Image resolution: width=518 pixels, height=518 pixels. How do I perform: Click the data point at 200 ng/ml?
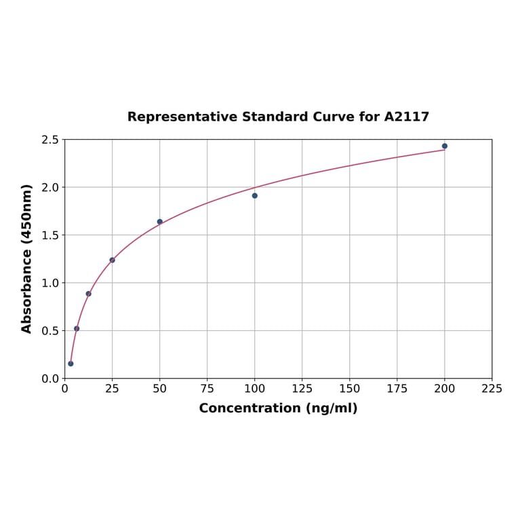[x=445, y=146]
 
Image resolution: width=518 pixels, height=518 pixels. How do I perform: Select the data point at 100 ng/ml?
[x=255, y=196]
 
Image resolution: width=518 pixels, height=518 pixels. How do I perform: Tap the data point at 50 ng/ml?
[x=160, y=222]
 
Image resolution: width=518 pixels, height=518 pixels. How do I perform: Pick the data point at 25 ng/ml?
[x=113, y=260]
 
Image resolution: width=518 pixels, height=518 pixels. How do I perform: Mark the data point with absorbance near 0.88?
[x=88, y=294]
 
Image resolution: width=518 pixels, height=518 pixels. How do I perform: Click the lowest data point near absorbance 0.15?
[x=71, y=363]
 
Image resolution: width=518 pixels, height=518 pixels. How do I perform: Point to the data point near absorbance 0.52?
[x=77, y=329]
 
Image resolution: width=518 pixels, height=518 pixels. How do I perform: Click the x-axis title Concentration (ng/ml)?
[x=278, y=408]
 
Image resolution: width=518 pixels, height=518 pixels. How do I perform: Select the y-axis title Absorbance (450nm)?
[x=27, y=258]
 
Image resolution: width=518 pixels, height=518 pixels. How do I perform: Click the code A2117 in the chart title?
[x=406, y=117]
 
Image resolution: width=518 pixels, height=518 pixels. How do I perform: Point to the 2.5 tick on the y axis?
[x=50, y=140]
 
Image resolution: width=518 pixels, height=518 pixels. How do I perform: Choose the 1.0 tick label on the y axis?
[x=50, y=283]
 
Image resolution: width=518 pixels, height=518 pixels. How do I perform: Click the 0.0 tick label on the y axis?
[x=50, y=378]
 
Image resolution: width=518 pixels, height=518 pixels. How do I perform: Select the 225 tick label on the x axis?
[x=492, y=389]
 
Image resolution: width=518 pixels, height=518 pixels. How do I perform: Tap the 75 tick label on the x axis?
[x=207, y=389]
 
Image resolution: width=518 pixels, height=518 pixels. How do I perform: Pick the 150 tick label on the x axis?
[x=350, y=389]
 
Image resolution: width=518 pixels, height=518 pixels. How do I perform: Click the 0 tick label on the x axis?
[x=65, y=389]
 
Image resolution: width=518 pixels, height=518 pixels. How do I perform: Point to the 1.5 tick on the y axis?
[x=50, y=235]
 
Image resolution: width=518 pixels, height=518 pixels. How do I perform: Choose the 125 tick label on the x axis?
[x=302, y=389]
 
